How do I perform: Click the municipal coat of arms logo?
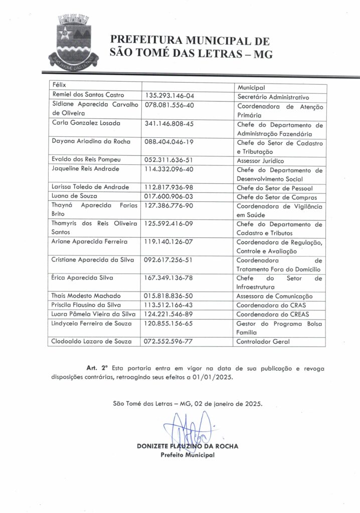(x=73, y=42)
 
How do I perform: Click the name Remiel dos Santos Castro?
(x=88, y=95)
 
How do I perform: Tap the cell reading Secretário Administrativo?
(x=273, y=97)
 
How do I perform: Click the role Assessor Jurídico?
(x=260, y=161)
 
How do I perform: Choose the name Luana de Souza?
(x=75, y=196)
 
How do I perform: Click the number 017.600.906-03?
(x=169, y=196)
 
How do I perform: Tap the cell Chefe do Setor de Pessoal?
(x=275, y=188)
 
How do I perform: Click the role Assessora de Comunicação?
(x=274, y=297)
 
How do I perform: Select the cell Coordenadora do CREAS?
(x=271, y=315)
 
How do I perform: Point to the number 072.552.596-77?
(x=169, y=341)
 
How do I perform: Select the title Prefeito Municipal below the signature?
(x=188, y=455)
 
